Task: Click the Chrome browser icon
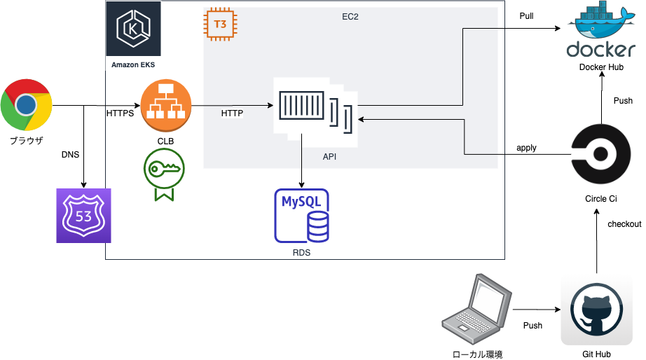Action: tap(27, 105)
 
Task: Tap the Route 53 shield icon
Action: tap(83, 216)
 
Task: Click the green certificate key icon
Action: tap(163, 175)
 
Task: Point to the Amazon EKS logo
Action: tap(133, 29)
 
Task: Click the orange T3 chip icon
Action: tap(219, 24)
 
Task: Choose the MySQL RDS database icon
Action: tap(302, 216)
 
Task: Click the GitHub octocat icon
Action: tap(596, 310)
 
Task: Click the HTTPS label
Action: tap(120, 113)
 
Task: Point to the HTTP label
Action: tap(233, 113)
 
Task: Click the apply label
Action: tap(526, 148)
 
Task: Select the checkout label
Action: tap(624, 224)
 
